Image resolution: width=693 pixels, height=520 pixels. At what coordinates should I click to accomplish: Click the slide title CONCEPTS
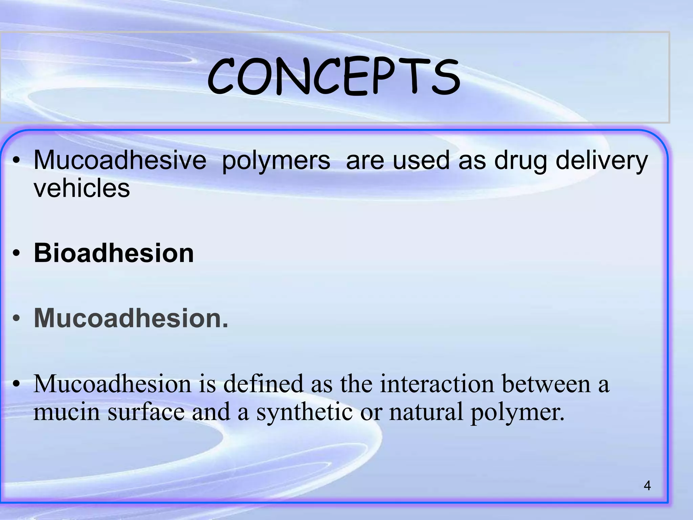click(333, 77)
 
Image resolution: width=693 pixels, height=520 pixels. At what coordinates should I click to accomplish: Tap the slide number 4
click(647, 486)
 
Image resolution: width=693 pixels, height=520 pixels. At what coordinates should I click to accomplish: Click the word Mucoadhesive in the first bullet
click(120, 160)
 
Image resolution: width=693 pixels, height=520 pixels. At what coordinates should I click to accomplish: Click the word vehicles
click(82, 188)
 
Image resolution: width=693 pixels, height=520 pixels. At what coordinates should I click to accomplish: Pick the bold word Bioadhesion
click(114, 253)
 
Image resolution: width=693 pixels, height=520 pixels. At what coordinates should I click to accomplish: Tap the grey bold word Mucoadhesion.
click(131, 318)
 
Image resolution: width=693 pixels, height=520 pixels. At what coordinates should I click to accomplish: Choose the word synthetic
click(304, 412)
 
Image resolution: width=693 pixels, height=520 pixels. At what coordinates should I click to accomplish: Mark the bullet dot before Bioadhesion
click(17, 253)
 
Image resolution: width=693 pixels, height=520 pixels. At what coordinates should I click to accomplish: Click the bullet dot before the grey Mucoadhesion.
click(17, 318)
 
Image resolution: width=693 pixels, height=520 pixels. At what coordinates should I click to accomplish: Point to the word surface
click(146, 412)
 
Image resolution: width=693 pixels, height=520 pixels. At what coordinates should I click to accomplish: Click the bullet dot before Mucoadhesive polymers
click(17, 160)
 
